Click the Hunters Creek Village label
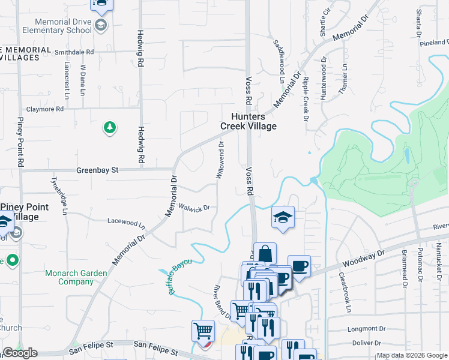point(249,121)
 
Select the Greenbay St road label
point(97,170)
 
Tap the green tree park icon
point(109,127)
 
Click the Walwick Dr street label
point(193,208)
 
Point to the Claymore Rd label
point(44,110)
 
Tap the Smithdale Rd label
point(74,52)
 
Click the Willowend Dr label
point(220,160)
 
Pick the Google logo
point(20,353)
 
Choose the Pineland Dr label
point(434,43)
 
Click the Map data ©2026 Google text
point(412,355)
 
